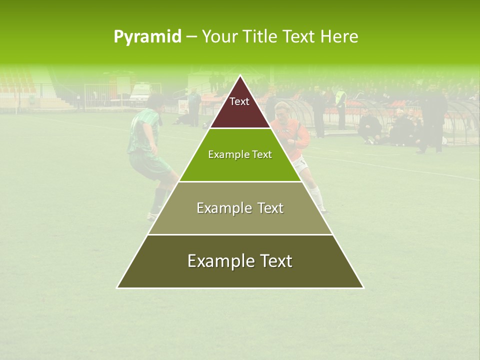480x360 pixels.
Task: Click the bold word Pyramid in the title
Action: (147, 36)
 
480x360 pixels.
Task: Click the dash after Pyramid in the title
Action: (191, 37)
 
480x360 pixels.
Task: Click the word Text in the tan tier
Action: (270, 208)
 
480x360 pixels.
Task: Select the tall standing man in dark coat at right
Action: (431, 117)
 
